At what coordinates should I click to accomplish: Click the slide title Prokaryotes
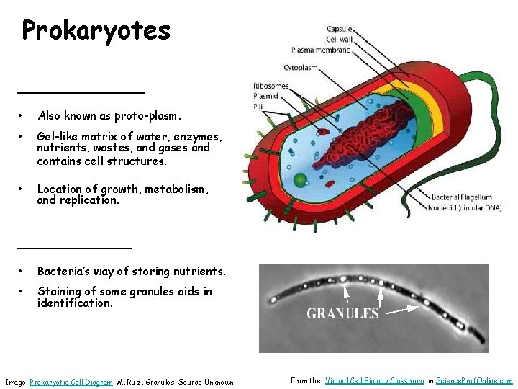(96, 30)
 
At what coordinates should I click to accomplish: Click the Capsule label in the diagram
(339, 29)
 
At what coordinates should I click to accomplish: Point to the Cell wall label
(339, 39)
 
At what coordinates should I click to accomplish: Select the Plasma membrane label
(321, 50)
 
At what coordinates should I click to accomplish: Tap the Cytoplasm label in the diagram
(302, 68)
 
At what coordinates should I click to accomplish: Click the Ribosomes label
(271, 86)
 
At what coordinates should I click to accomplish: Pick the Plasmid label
(265, 95)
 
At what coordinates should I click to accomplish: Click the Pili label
(258, 105)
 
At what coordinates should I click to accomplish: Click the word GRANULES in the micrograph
(342, 313)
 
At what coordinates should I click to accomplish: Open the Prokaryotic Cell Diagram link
(71, 382)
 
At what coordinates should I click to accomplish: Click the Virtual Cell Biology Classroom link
(374, 380)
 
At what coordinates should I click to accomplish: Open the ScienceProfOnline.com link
(474, 380)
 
